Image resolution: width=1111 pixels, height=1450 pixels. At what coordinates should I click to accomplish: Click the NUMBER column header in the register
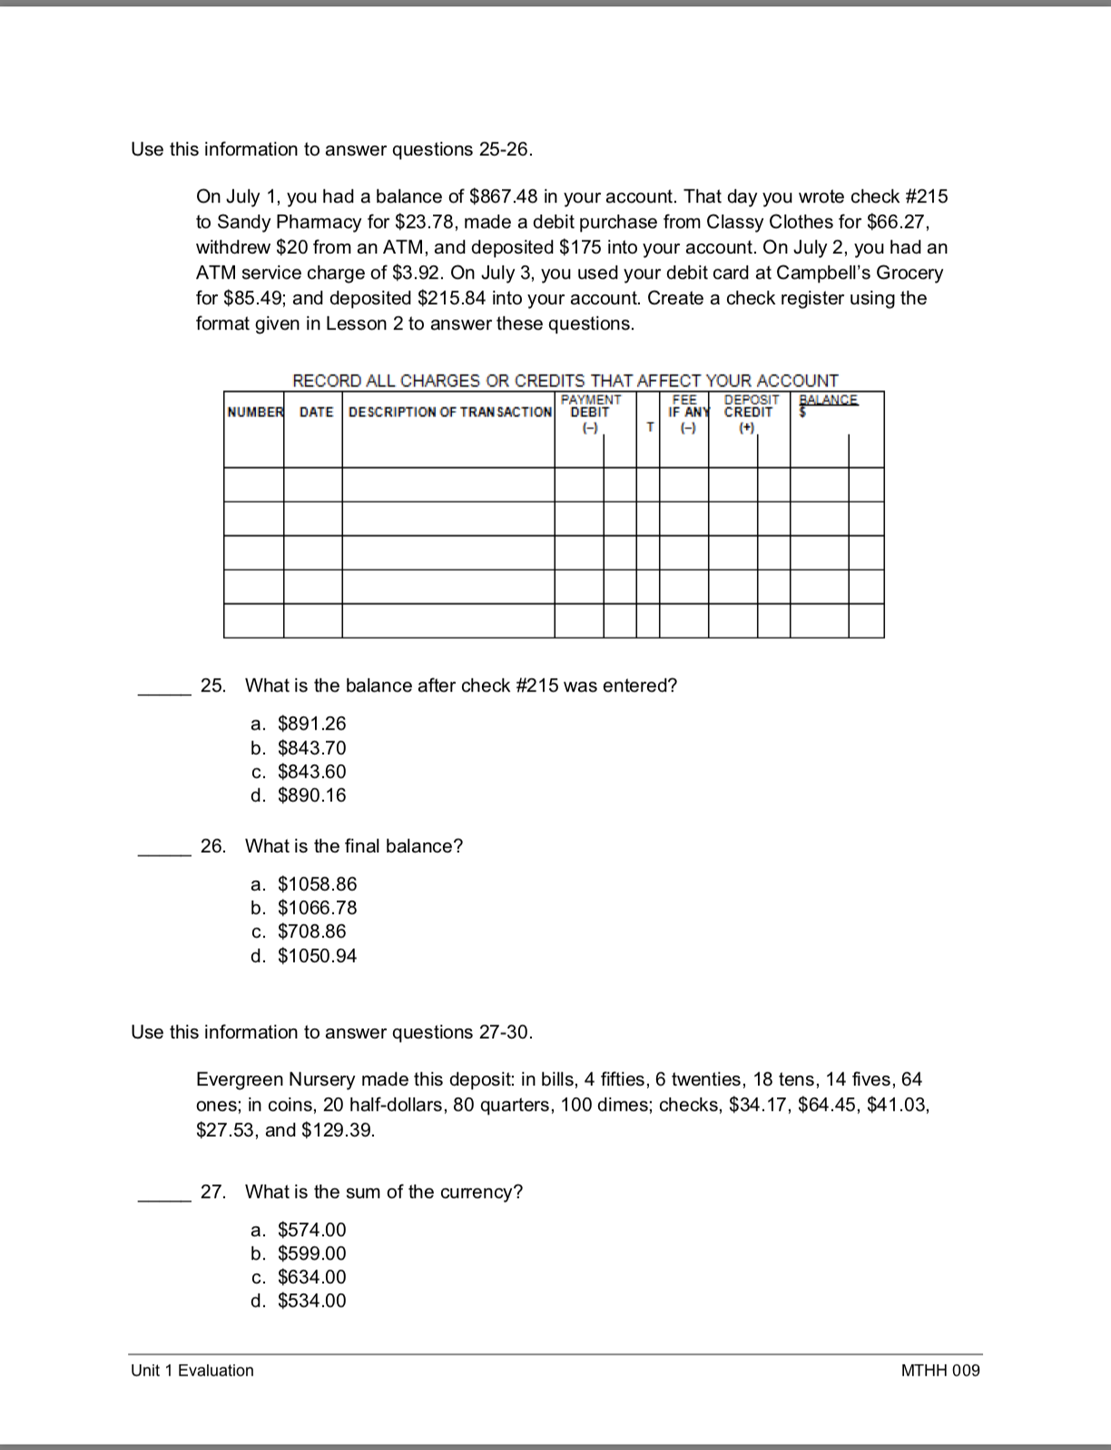tap(254, 412)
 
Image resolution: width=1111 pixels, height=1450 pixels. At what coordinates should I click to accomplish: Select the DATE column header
tap(316, 412)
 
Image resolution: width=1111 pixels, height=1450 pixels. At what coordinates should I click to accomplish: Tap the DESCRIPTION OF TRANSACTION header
tap(449, 412)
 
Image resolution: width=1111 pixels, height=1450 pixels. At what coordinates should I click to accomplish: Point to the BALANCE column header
tap(828, 400)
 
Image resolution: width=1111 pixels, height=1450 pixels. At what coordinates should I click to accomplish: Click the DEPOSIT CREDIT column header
tap(750, 407)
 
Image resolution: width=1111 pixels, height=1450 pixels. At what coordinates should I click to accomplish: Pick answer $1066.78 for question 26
tap(316, 907)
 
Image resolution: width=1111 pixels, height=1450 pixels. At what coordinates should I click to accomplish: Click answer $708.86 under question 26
tap(310, 931)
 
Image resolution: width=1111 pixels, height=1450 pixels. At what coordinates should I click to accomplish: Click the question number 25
tap(212, 685)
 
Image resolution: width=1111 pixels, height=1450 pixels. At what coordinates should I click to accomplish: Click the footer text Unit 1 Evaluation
tap(192, 1370)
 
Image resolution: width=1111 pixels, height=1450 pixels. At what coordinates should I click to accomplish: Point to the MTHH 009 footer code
tap(940, 1370)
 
